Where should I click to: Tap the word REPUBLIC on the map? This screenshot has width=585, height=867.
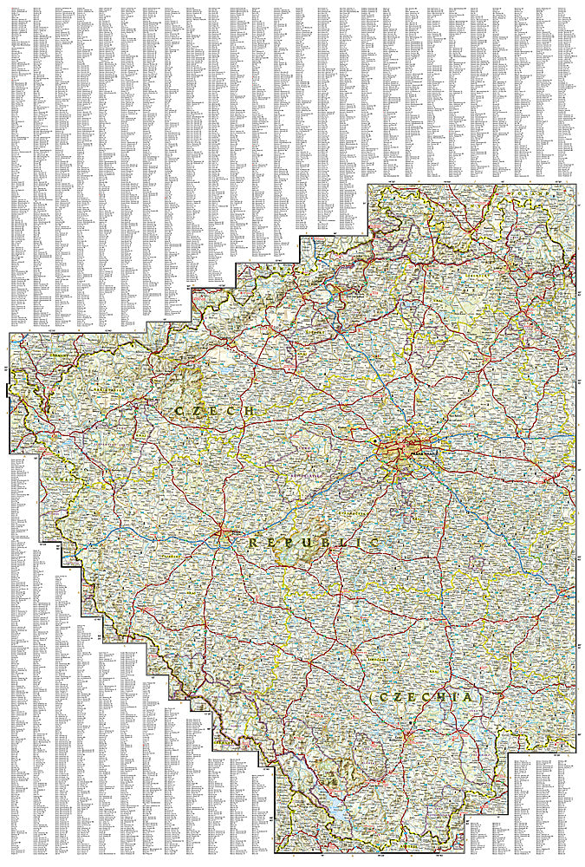click(314, 542)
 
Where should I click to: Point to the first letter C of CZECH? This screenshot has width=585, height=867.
click(179, 410)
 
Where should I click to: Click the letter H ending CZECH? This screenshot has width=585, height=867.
click(250, 410)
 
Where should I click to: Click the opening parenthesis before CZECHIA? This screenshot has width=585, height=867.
click(371, 697)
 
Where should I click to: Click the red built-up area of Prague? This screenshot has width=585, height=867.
click(400, 451)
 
